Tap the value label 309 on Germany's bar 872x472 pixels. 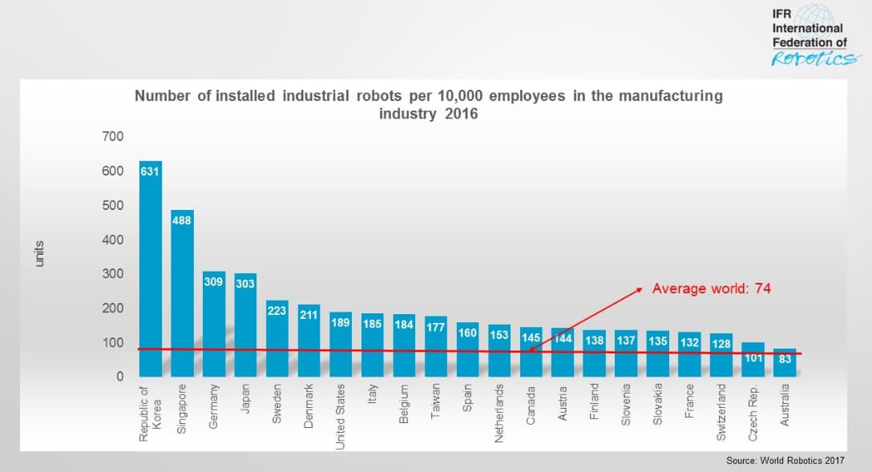pos(214,283)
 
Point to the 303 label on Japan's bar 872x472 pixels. pos(245,284)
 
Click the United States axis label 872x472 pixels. pos(341,416)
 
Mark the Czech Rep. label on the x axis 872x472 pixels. pos(753,412)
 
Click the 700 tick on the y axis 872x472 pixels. pos(113,137)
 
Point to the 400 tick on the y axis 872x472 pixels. pos(113,240)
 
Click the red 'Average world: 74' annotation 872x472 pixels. pos(711,288)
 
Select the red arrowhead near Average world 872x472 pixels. pos(638,289)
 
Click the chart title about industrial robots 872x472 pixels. pos(428,104)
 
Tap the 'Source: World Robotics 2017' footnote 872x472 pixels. pos(785,461)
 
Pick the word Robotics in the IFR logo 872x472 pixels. pos(816,59)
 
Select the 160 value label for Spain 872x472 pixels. pos(467,333)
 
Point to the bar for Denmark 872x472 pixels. pos(309,341)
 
